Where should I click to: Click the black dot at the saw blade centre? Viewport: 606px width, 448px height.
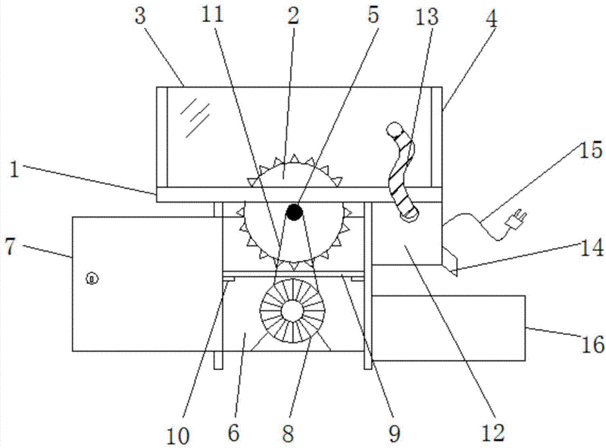point(294,212)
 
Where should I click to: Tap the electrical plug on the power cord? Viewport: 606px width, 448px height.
point(516,219)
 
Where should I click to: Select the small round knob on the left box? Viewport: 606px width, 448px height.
point(92,278)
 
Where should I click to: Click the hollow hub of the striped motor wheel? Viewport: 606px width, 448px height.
point(292,311)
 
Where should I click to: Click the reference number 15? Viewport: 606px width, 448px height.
point(591,150)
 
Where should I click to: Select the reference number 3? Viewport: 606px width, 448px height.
point(140,17)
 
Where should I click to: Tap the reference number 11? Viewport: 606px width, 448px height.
point(213,14)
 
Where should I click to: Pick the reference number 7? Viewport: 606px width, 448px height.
point(11,246)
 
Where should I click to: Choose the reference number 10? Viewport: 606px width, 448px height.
point(179,435)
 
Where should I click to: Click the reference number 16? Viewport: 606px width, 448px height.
point(592,343)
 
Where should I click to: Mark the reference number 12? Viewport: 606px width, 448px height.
point(494,433)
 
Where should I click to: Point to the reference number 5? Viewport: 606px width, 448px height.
point(373,16)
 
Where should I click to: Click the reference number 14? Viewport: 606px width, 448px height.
point(592,248)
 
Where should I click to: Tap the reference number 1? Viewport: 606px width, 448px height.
point(14,170)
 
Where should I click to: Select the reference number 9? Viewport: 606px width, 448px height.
point(394,434)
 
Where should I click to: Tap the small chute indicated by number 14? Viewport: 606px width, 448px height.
point(450,262)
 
